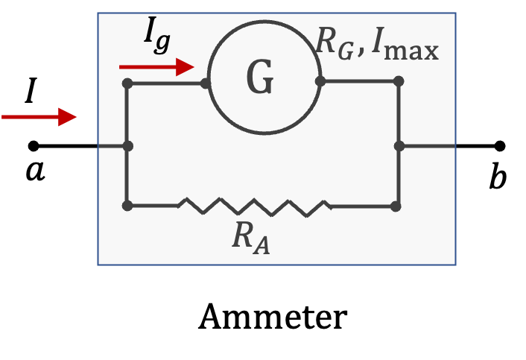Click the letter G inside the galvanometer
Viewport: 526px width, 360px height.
tap(260, 77)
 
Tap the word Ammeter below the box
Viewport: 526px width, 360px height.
tap(273, 317)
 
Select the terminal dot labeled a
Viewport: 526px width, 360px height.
tap(34, 146)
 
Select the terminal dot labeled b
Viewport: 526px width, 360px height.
tap(500, 146)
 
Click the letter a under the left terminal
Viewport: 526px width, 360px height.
tap(35, 171)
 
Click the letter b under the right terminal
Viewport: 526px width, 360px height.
tap(498, 176)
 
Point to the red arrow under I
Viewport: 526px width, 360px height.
tap(39, 117)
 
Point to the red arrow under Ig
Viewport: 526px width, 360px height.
tap(156, 67)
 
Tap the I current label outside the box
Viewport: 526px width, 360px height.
tap(31, 90)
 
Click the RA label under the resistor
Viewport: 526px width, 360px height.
tap(251, 239)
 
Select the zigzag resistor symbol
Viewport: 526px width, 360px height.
tap(255, 207)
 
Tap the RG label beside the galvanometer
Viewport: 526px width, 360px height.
tap(335, 44)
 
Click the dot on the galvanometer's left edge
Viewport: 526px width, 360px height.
tap(206, 83)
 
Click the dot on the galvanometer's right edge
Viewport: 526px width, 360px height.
tap(320, 81)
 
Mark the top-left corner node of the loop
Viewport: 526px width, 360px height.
tap(127, 83)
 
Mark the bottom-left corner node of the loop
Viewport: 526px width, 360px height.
tap(127, 206)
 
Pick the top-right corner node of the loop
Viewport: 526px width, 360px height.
tap(399, 81)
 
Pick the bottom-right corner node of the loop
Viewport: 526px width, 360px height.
tap(396, 206)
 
